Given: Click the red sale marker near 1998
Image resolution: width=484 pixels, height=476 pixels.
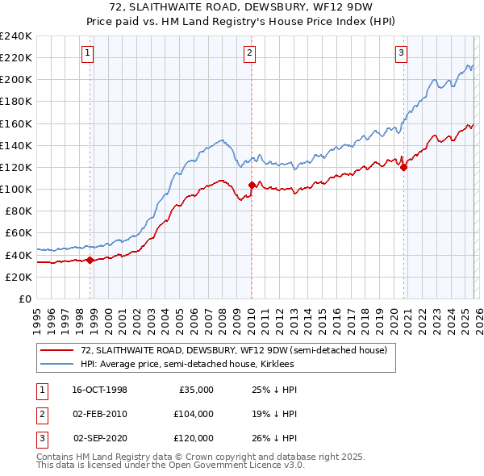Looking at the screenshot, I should [90, 260].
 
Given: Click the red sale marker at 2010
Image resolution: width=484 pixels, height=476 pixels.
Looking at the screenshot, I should [252, 185].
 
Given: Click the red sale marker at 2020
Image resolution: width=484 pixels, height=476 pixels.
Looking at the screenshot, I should [403, 168].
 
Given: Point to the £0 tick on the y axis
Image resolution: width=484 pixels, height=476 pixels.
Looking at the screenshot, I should [25, 299].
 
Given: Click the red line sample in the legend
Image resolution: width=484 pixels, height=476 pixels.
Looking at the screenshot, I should [56, 350].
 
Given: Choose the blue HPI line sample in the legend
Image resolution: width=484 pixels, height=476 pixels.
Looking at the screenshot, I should [56, 364].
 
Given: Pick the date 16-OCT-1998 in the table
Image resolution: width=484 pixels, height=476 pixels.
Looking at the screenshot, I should [99, 390].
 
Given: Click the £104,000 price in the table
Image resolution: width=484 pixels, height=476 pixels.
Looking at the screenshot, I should [194, 414].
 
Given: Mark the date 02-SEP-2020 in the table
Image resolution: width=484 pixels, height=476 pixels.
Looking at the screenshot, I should [100, 438].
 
